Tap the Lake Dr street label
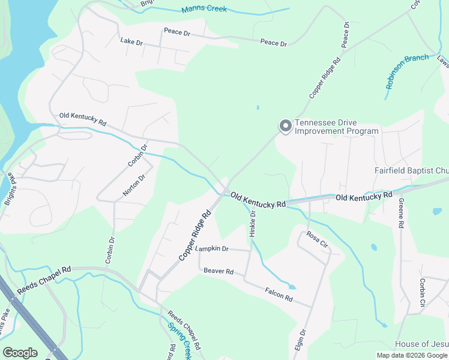[x=131, y=42]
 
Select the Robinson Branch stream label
[x=408, y=71]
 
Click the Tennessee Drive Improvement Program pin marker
[x=286, y=126]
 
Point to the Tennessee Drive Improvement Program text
[x=337, y=127]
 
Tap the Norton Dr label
[x=134, y=185]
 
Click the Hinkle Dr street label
[x=253, y=223]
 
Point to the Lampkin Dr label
[x=212, y=248]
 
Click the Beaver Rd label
[x=218, y=271]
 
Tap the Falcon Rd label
[x=279, y=294]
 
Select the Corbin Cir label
[x=423, y=292]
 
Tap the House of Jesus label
[x=421, y=344]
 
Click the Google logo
[x=20, y=353]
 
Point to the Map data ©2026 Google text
[x=412, y=355]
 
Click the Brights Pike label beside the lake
[x=10, y=190]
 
